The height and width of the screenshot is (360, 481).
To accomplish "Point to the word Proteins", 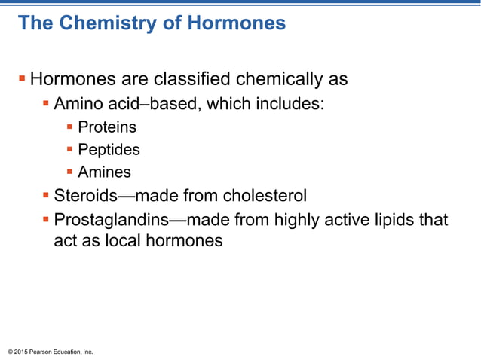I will point(107,128).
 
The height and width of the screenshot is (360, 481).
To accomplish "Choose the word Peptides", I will point(109,150).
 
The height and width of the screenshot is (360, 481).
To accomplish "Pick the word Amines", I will point(105,172).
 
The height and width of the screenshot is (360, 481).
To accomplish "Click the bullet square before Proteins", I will point(70,127).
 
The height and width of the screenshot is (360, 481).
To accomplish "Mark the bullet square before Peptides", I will point(70,149).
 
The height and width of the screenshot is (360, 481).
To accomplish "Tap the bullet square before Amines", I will point(70,172).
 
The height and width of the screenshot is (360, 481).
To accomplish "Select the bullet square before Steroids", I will point(46,196).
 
